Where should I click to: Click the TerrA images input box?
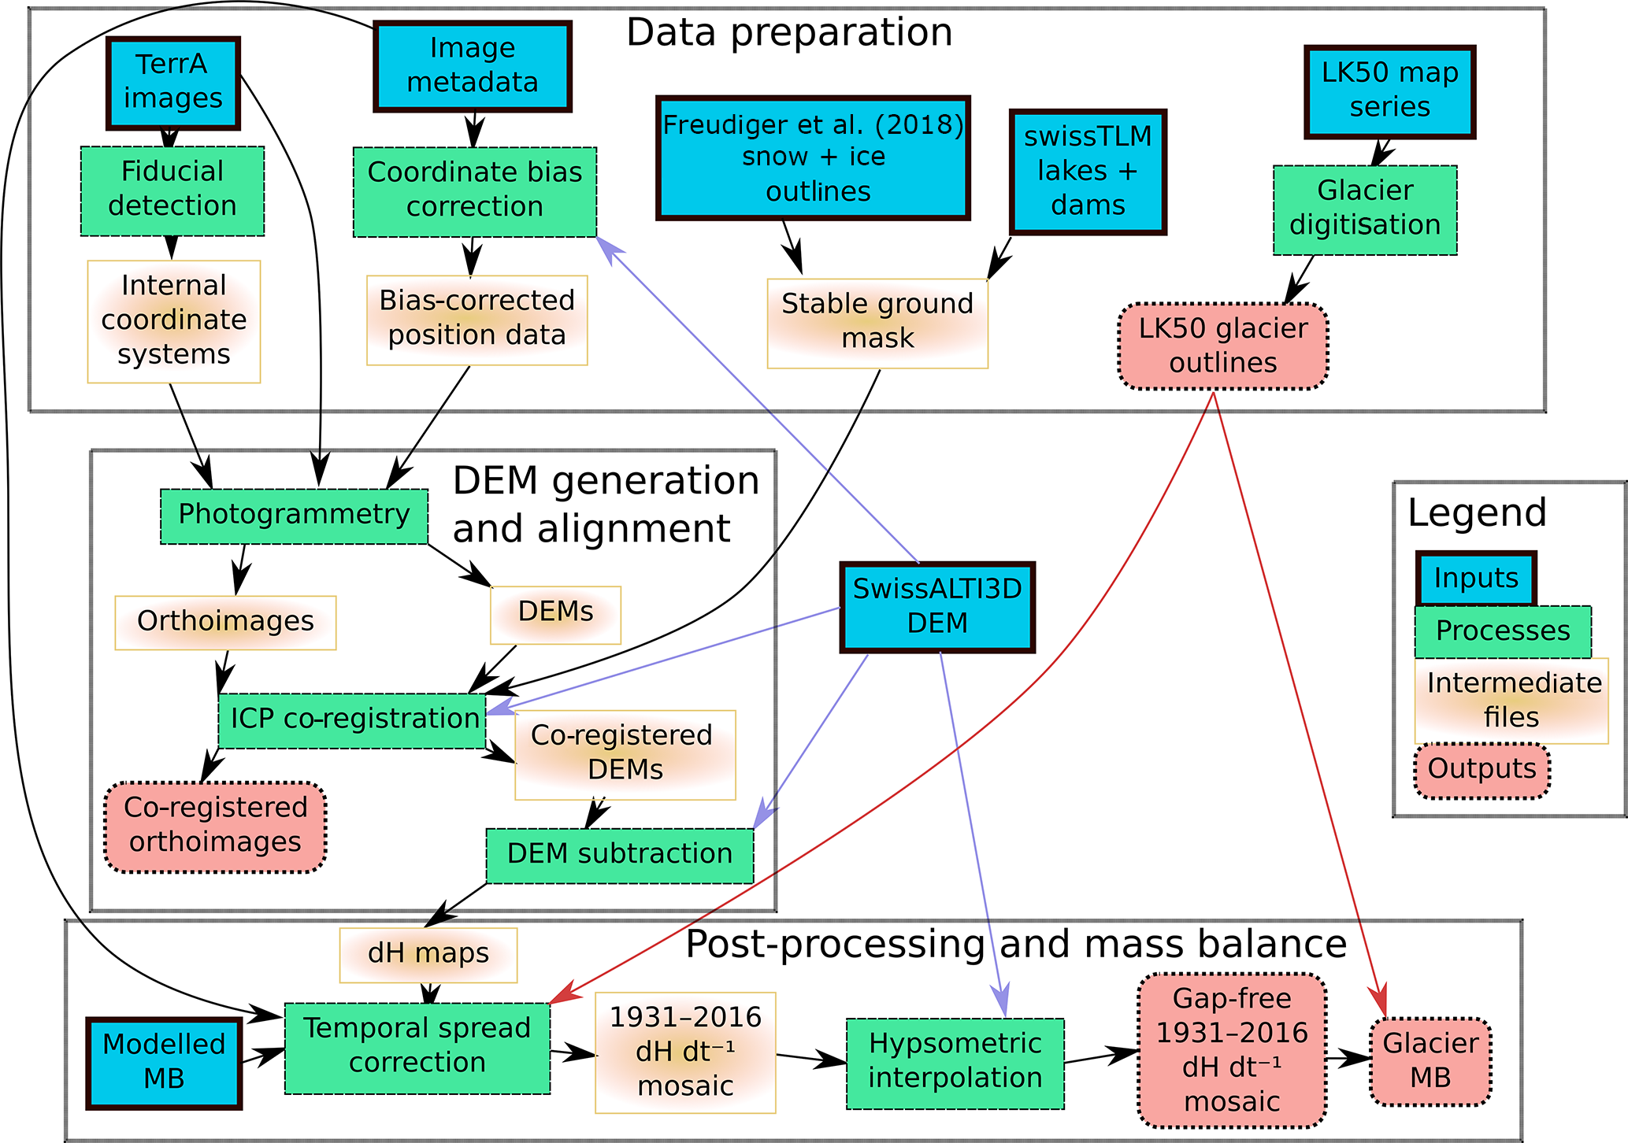[173, 83]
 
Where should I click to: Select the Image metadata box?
[473, 66]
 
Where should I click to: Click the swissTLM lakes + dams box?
[1088, 172]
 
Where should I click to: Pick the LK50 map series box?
[1389, 91]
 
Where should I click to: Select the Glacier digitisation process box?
[1365, 209]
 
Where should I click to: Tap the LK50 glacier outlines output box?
[1223, 346]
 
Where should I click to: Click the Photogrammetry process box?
[294, 516]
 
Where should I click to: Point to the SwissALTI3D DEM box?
[937, 607]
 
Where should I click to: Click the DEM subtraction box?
[620, 855]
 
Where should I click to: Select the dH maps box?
[428, 954]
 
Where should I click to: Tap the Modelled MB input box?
[164, 1063]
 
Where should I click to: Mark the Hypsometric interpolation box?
[955, 1063]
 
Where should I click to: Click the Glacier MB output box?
[1430, 1061]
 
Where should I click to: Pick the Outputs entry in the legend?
[1482, 770]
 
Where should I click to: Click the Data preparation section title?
[789, 33]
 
